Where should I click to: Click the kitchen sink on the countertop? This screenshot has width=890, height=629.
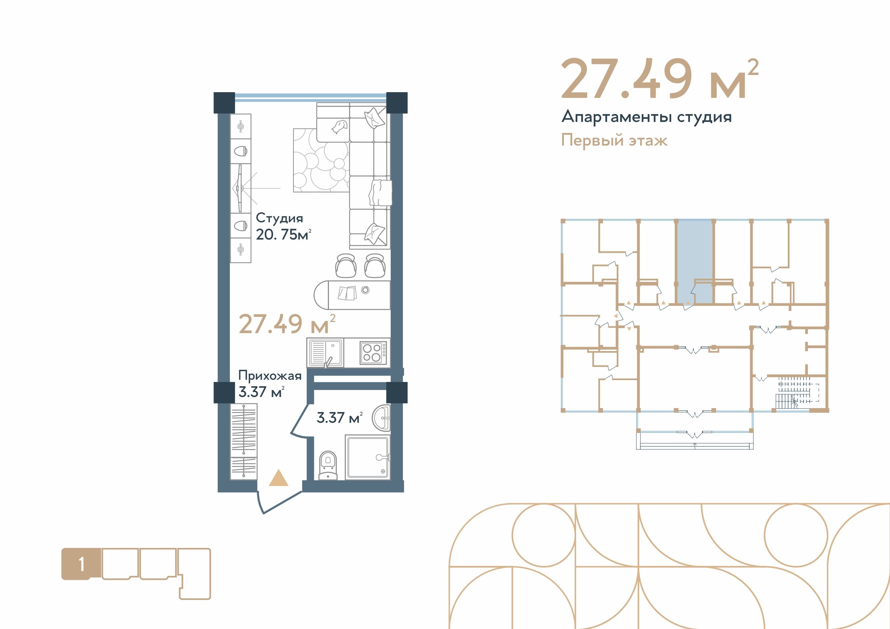(326, 352)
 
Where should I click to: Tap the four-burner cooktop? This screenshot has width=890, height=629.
(373, 353)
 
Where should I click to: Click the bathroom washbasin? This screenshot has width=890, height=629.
(381, 418)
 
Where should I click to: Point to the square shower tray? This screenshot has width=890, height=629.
(367, 457)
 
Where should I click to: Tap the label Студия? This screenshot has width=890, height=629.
(279, 218)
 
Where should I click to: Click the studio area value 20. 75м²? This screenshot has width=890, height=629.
(283, 235)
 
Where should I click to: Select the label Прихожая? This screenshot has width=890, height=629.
(270, 375)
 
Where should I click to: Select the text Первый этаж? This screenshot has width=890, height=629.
(614, 140)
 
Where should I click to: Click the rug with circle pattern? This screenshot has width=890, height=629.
(321, 160)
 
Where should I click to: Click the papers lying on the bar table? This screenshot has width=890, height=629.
(347, 293)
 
